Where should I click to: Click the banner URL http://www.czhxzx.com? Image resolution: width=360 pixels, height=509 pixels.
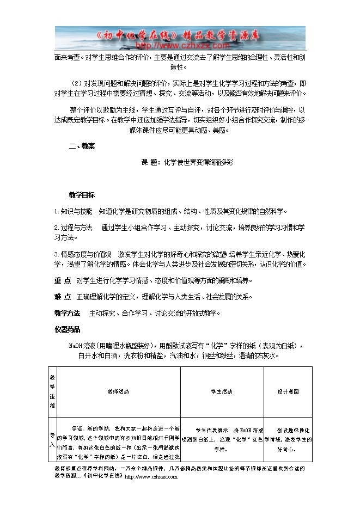(168, 46)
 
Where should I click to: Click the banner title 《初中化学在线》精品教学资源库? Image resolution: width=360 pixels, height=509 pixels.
(180, 35)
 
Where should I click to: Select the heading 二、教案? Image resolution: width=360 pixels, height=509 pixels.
(82, 146)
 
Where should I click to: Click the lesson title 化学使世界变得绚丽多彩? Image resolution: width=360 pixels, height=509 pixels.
(194, 162)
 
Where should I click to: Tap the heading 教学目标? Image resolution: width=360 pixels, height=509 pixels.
(82, 195)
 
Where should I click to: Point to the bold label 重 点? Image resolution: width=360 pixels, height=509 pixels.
(63, 280)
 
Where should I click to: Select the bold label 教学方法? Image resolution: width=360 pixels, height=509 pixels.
(67, 313)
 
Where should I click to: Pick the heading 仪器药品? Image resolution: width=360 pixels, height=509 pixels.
(67, 329)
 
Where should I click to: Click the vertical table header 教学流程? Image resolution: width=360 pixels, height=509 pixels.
(52, 391)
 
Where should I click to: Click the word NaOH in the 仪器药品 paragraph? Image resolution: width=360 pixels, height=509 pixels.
(75, 346)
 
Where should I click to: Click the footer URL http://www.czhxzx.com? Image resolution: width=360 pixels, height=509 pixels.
(151, 477)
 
